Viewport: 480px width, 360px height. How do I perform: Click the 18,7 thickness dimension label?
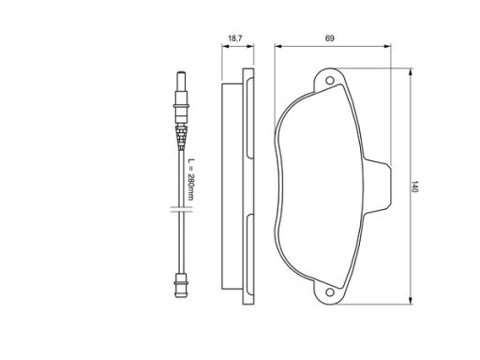tap(235, 38)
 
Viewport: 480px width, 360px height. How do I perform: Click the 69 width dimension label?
tap(330, 38)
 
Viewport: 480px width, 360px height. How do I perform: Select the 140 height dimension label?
tap(414, 187)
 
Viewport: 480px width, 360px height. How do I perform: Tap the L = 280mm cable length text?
tap(190, 179)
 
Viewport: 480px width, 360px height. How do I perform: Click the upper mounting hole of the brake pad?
tap(330, 81)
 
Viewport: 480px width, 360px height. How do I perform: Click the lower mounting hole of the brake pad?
tap(330, 292)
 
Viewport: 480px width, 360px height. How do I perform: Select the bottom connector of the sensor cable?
tap(181, 285)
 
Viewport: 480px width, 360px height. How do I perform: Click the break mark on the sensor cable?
tap(181, 209)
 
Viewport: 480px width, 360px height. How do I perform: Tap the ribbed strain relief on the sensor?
tap(181, 135)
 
